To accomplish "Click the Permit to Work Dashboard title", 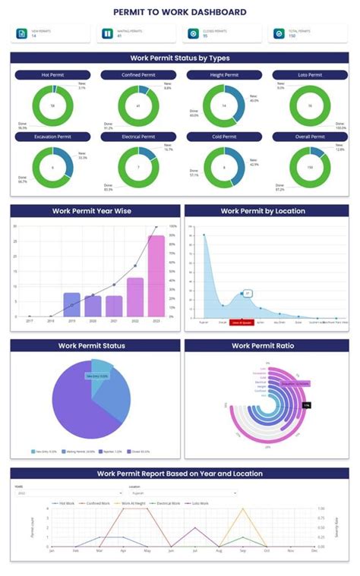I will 180,12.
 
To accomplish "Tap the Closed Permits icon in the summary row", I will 193,33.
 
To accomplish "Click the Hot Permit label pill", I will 52,75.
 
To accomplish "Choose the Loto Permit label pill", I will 310,75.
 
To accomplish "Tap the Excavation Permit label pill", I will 52,137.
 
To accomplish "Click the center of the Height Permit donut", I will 224,105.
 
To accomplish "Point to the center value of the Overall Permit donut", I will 310,167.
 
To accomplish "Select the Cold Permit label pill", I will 224,137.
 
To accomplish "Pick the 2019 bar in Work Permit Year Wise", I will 71,304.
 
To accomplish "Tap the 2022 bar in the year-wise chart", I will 135,297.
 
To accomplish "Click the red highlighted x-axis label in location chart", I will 242,322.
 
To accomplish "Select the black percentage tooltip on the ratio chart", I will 306,405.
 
